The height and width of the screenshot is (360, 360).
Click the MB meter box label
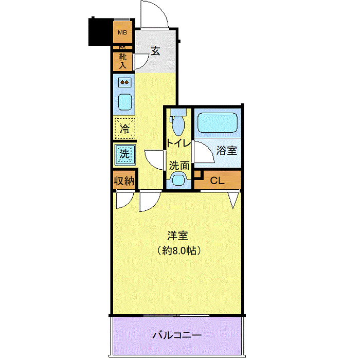coord(122,32)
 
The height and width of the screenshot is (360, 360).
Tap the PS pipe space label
coord(122,48)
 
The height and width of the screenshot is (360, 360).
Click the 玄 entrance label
coord(155,51)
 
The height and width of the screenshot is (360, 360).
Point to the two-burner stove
coord(124,82)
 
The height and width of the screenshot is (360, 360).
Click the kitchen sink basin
coord(125,102)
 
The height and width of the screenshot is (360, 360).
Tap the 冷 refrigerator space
coord(124,129)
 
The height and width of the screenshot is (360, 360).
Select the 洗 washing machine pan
coord(125,154)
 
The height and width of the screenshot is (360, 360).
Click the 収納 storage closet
coord(124,181)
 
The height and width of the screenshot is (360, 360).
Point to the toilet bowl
coord(178,124)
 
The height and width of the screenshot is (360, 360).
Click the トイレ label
coord(178,143)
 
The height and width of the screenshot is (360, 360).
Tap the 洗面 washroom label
coord(179,165)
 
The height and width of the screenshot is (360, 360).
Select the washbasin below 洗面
coord(178,181)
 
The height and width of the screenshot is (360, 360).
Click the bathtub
coord(217,122)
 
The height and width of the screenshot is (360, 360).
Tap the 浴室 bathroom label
coord(227,151)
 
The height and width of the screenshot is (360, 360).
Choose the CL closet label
coord(217,181)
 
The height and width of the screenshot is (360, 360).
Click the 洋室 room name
coord(178,236)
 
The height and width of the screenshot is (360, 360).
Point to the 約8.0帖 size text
coord(179,250)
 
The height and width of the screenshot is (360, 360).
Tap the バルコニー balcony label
coord(177,335)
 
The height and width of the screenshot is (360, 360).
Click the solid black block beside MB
coord(101,31)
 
